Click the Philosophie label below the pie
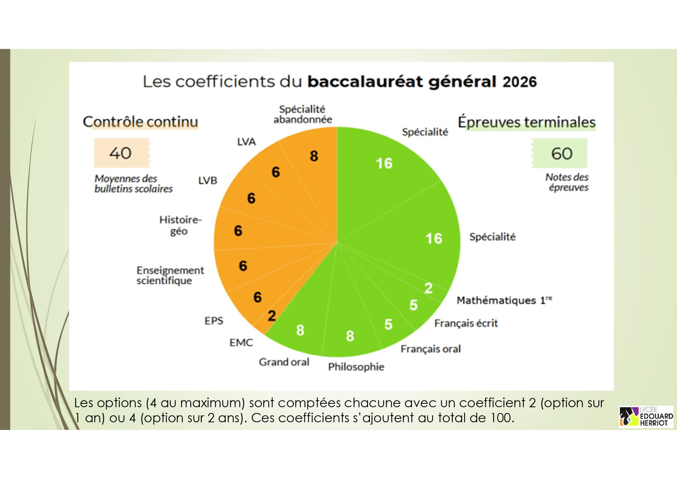click(356, 367)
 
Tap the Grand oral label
click(284, 362)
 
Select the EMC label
click(241, 342)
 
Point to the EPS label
click(214, 321)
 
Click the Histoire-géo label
click(180, 225)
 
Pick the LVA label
click(246, 142)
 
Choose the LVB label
click(208, 180)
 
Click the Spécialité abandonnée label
click(303, 114)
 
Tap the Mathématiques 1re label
click(504, 300)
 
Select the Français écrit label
click(466, 323)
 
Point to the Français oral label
click(431, 349)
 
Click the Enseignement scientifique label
click(170, 275)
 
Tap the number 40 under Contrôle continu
click(120, 153)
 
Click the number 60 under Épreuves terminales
click(562, 154)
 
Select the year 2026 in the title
click(520, 82)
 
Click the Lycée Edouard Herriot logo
click(646, 416)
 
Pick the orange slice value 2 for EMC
click(272, 316)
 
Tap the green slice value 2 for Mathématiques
click(428, 288)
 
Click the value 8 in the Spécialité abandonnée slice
click(314, 156)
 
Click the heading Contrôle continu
click(140, 122)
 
